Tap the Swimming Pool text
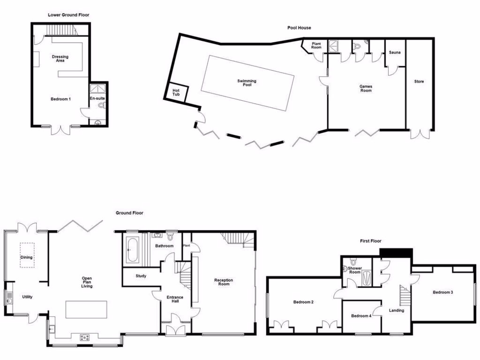coord(247,83)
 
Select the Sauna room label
coord(394,52)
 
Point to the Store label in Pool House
coord(419,82)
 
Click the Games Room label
coord(366,88)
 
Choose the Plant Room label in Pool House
coord(316,45)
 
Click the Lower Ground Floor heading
coord(68,15)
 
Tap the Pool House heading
coord(299,28)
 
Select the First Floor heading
coord(369,241)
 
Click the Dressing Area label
coord(60,59)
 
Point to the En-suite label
coord(97,98)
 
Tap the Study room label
coord(141,276)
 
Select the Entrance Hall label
coord(175,300)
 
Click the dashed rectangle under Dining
coord(27,255)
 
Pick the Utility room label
coord(27,297)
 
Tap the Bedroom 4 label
coord(361,316)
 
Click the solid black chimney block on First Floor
coord(396,253)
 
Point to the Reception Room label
coord(224,282)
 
